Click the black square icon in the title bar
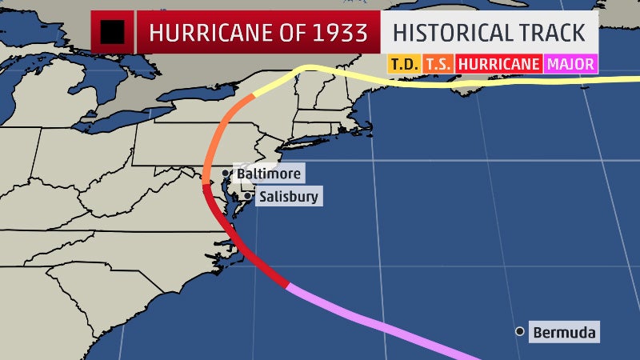pos(110,32)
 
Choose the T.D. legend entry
pos(404,62)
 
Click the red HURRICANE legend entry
pos(499,62)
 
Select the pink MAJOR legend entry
pos(570,62)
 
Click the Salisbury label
pos(288,196)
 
